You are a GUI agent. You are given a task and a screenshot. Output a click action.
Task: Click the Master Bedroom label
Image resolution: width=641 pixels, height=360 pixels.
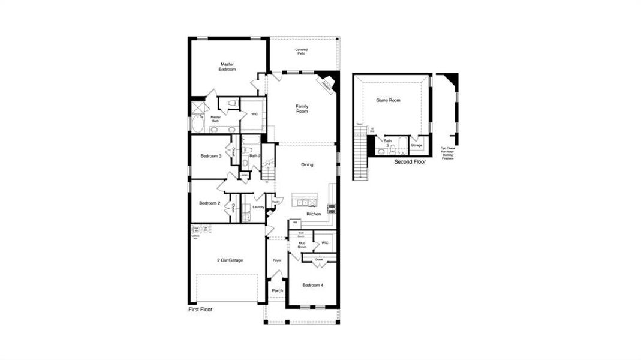click(x=227, y=67)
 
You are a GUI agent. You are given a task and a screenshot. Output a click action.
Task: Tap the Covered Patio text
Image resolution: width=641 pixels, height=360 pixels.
click(x=302, y=52)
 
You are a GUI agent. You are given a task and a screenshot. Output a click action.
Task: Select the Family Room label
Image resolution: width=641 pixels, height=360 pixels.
click(x=302, y=109)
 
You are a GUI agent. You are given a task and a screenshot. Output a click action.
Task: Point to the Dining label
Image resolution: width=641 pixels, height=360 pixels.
click(x=307, y=164)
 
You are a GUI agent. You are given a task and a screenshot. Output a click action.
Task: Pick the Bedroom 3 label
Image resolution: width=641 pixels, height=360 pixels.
click(x=211, y=157)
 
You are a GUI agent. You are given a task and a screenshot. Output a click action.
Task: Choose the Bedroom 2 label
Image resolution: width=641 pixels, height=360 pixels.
click(x=210, y=203)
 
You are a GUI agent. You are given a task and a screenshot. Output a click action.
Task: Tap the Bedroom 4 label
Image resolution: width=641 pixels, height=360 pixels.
click(x=312, y=285)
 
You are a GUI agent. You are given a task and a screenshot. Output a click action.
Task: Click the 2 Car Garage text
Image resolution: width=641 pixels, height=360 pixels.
click(x=230, y=260)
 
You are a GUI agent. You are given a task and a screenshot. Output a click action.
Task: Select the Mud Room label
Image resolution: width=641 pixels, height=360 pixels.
click(x=302, y=245)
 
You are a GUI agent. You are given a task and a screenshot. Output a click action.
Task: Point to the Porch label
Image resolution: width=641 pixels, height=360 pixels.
click(x=277, y=290)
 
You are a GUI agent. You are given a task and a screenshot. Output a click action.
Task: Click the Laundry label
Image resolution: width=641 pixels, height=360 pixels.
click(x=258, y=207)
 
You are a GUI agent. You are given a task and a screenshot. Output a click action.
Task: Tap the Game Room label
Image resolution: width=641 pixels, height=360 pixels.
click(x=388, y=101)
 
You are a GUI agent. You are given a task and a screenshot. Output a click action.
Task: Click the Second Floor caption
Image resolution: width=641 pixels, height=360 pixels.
click(x=410, y=162)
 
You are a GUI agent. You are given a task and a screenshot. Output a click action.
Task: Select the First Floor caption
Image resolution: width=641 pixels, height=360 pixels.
click(x=200, y=310)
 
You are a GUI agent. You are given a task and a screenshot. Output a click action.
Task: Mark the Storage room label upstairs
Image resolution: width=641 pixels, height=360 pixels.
click(x=416, y=145)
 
